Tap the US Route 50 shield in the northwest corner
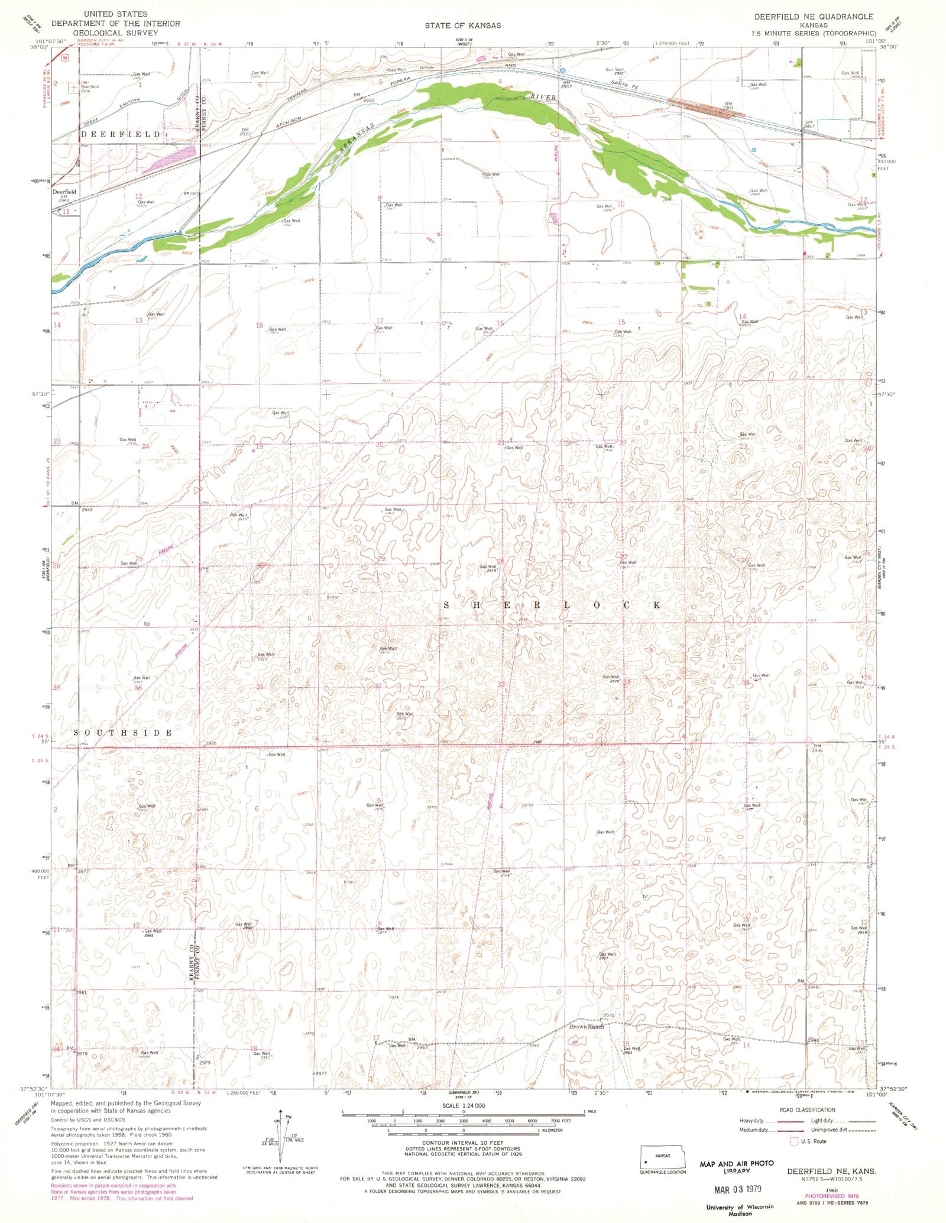point(63,57)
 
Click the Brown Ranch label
point(587,1027)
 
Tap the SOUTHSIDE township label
point(124,732)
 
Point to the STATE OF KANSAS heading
point(462,25)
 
